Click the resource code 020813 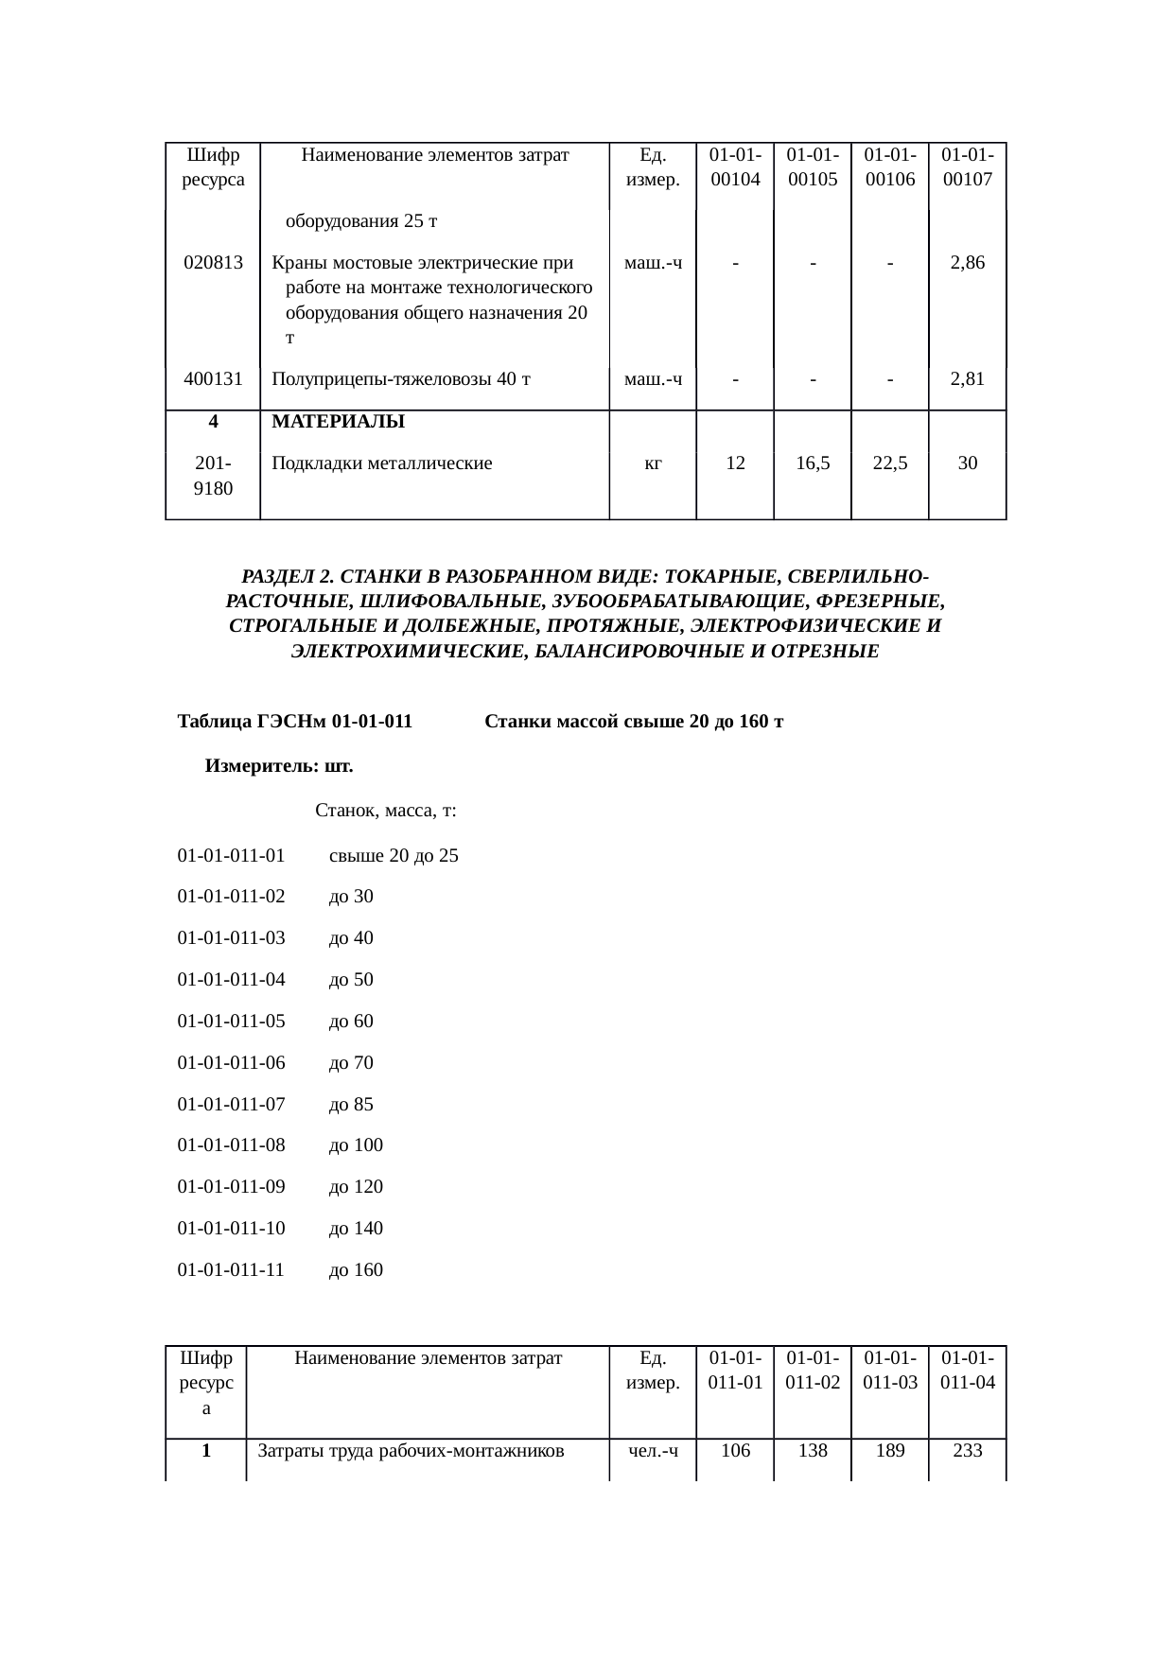click(213, 263)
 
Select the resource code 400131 click(213, 379)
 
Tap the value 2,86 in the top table click(967, 263)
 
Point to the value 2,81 click(967, 379)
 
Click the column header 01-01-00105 click(813, 167)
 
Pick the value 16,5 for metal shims click(813, 463)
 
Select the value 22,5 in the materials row click(890, 463)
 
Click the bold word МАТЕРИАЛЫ click(339, 422)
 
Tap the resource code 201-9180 click(213, 476)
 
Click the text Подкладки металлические click(382, 463)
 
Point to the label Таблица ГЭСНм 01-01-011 click(295, 723)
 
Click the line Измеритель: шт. click(279, 766)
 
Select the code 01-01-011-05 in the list click(231, 1022)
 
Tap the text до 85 click(351, 1104)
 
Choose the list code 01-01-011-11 click(231, 1269)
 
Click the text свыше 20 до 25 click(394, 856)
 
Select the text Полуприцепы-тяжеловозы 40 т click(401, 379)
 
